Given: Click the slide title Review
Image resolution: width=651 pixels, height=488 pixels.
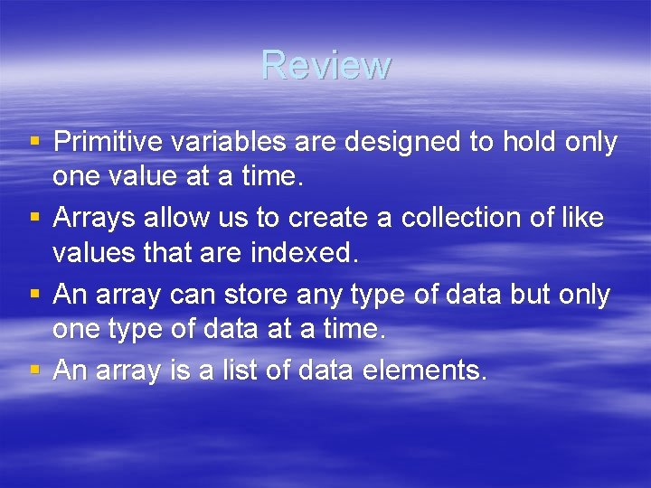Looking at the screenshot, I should click(325, 65).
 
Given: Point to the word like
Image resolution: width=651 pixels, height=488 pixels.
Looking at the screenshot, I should click(583, 218).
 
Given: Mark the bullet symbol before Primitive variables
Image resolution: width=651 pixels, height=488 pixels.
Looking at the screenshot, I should click(34, 143).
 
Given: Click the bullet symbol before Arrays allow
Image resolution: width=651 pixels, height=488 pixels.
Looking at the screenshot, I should click(34, 219).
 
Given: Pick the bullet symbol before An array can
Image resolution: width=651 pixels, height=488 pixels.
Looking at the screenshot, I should click(34, 295).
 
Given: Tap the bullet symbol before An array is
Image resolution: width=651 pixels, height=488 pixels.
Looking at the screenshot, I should click(34, 370).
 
